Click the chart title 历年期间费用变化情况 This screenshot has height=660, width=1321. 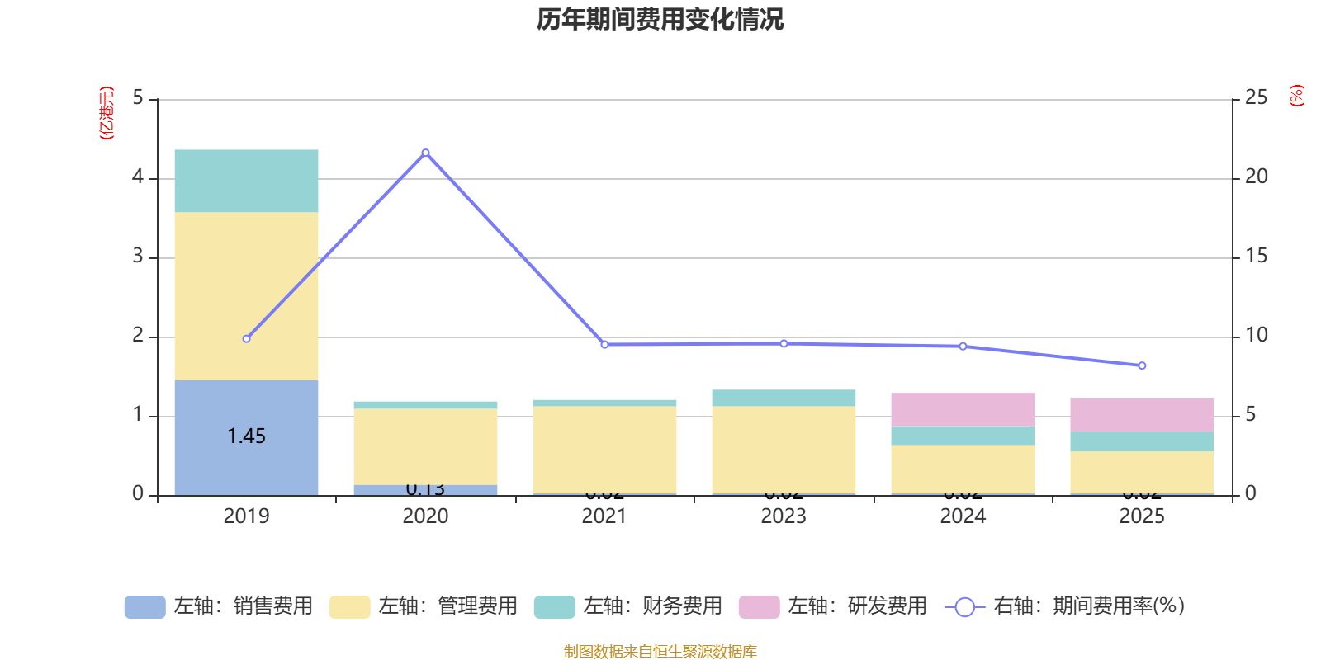click(660, 19)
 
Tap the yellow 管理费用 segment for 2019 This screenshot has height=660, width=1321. click(246, 296)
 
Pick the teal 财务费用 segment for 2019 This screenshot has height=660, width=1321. click(246, 181)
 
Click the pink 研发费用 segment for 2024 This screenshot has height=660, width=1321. click(963, 409)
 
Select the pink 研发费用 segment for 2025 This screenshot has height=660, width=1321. click(1142, 415)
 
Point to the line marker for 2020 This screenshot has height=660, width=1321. click(425, 153)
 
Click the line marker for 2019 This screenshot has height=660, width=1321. click(246, 339)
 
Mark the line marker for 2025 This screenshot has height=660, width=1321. click(1142, 365)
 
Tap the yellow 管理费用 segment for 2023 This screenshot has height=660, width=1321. click(784, 450)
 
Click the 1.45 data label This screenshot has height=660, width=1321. click(246, 436)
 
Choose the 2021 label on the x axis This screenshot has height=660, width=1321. click(604, 516)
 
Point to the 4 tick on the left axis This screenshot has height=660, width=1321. click(138, 177)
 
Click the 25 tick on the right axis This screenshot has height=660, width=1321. click(1256, 98)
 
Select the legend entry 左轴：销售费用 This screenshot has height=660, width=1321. click(219, 606)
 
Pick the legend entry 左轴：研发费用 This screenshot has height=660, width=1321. click(833, 606)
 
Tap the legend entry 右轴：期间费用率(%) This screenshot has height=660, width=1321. click(1064, 606)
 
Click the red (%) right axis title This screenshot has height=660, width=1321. click(1296, 96)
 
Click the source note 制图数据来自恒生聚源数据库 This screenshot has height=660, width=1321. click(660, 652)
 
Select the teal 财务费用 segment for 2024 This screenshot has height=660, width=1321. click(963, 436)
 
